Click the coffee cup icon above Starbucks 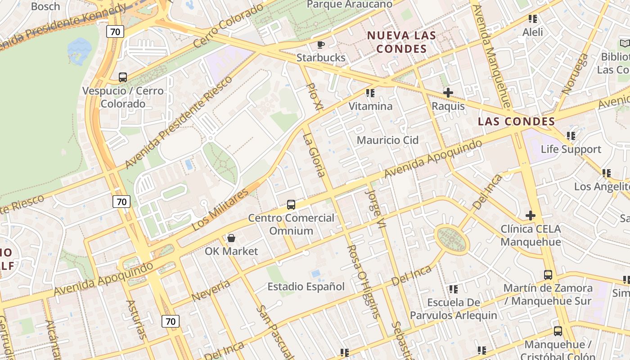tap(320, 44)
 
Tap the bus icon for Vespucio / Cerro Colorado tap(123, 77)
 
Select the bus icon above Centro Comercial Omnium tap(291, 205)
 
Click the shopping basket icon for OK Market tap(231, 238)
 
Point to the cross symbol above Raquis tap(448, 93)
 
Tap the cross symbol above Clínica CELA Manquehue tap(531, 216)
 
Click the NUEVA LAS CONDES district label tap(401, 42)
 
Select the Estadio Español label tap(306, 287)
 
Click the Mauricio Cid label tap(387, 140)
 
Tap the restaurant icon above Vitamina tap(370, 93)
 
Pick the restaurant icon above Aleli tap(533, 19)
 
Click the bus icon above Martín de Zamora tap(548, 274)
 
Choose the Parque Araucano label tap(349, 4)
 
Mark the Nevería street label tap(211, 290)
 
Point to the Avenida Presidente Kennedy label tap(63, 26)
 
